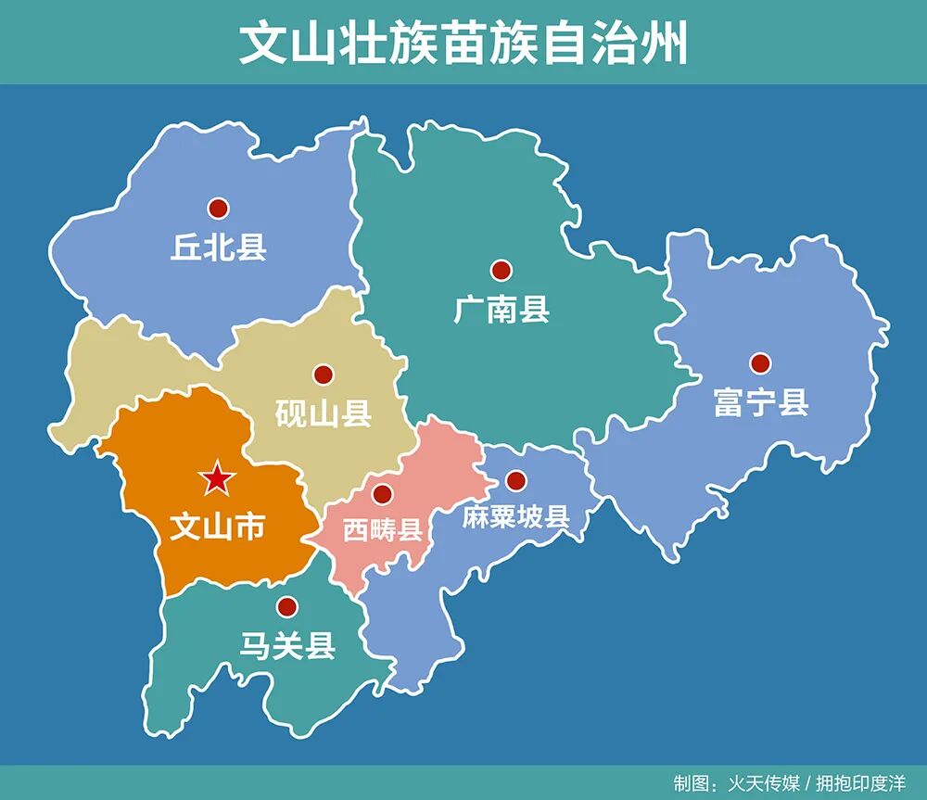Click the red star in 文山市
tap(218, 478)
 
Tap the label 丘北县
tap(218, 248)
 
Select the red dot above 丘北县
tap(219, 208)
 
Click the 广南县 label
tap(502, 310)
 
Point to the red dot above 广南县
tap(502, 270)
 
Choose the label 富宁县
tap(761, 403)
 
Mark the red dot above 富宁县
tap(760, 363)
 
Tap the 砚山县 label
tap(324, 413)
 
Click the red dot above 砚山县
tap(324, 375)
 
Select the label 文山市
tap(218, 527)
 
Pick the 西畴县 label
tap(383, 530)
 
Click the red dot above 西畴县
tap(383, 494)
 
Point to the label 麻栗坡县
tap(515, 517)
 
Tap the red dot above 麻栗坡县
tap(516, 480)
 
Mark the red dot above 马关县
tap(287, 607)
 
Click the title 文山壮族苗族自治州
tap(463, 43)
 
